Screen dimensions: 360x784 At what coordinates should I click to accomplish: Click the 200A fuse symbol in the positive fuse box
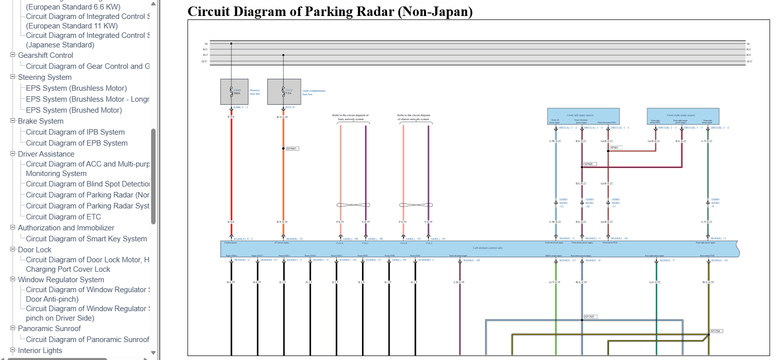[x=231, y=91]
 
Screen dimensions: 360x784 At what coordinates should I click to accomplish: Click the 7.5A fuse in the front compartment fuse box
[x=283, y=91]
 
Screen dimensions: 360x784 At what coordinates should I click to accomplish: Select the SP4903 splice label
[x=292, y=149]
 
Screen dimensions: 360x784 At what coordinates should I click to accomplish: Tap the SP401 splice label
[x=615, y=148]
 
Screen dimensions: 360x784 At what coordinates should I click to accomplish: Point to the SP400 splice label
[x=589, y=164]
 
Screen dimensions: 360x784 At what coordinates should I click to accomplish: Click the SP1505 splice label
[x=590, y=317]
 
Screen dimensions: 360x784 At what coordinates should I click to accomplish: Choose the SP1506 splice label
[x=716, y=331]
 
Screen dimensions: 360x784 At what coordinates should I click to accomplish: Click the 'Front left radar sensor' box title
[x=580, y=115]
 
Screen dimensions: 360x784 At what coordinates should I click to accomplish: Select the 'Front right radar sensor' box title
[x=681, y=115]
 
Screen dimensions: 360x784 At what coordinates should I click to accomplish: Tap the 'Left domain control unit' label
[x=488, y=248]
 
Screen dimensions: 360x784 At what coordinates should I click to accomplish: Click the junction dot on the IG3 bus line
[x=283, y=55]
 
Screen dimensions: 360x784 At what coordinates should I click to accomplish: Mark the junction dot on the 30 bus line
[x=231, y=43]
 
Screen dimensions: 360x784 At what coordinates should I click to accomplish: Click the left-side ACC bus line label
[x=204, y=61]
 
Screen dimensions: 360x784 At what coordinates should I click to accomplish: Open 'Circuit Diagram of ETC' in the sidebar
[x=63, y=217]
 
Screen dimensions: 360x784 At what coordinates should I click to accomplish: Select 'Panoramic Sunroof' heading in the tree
[x=49, y=329]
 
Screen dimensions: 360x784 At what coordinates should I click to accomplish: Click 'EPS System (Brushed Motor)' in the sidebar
[x=74, y=110]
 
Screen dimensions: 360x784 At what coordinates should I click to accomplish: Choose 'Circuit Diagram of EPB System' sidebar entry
[x=77, y=143]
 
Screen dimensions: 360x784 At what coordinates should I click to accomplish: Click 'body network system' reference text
[x=351, y=119]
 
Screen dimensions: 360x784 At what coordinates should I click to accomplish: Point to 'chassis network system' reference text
[x=413, y=119]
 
